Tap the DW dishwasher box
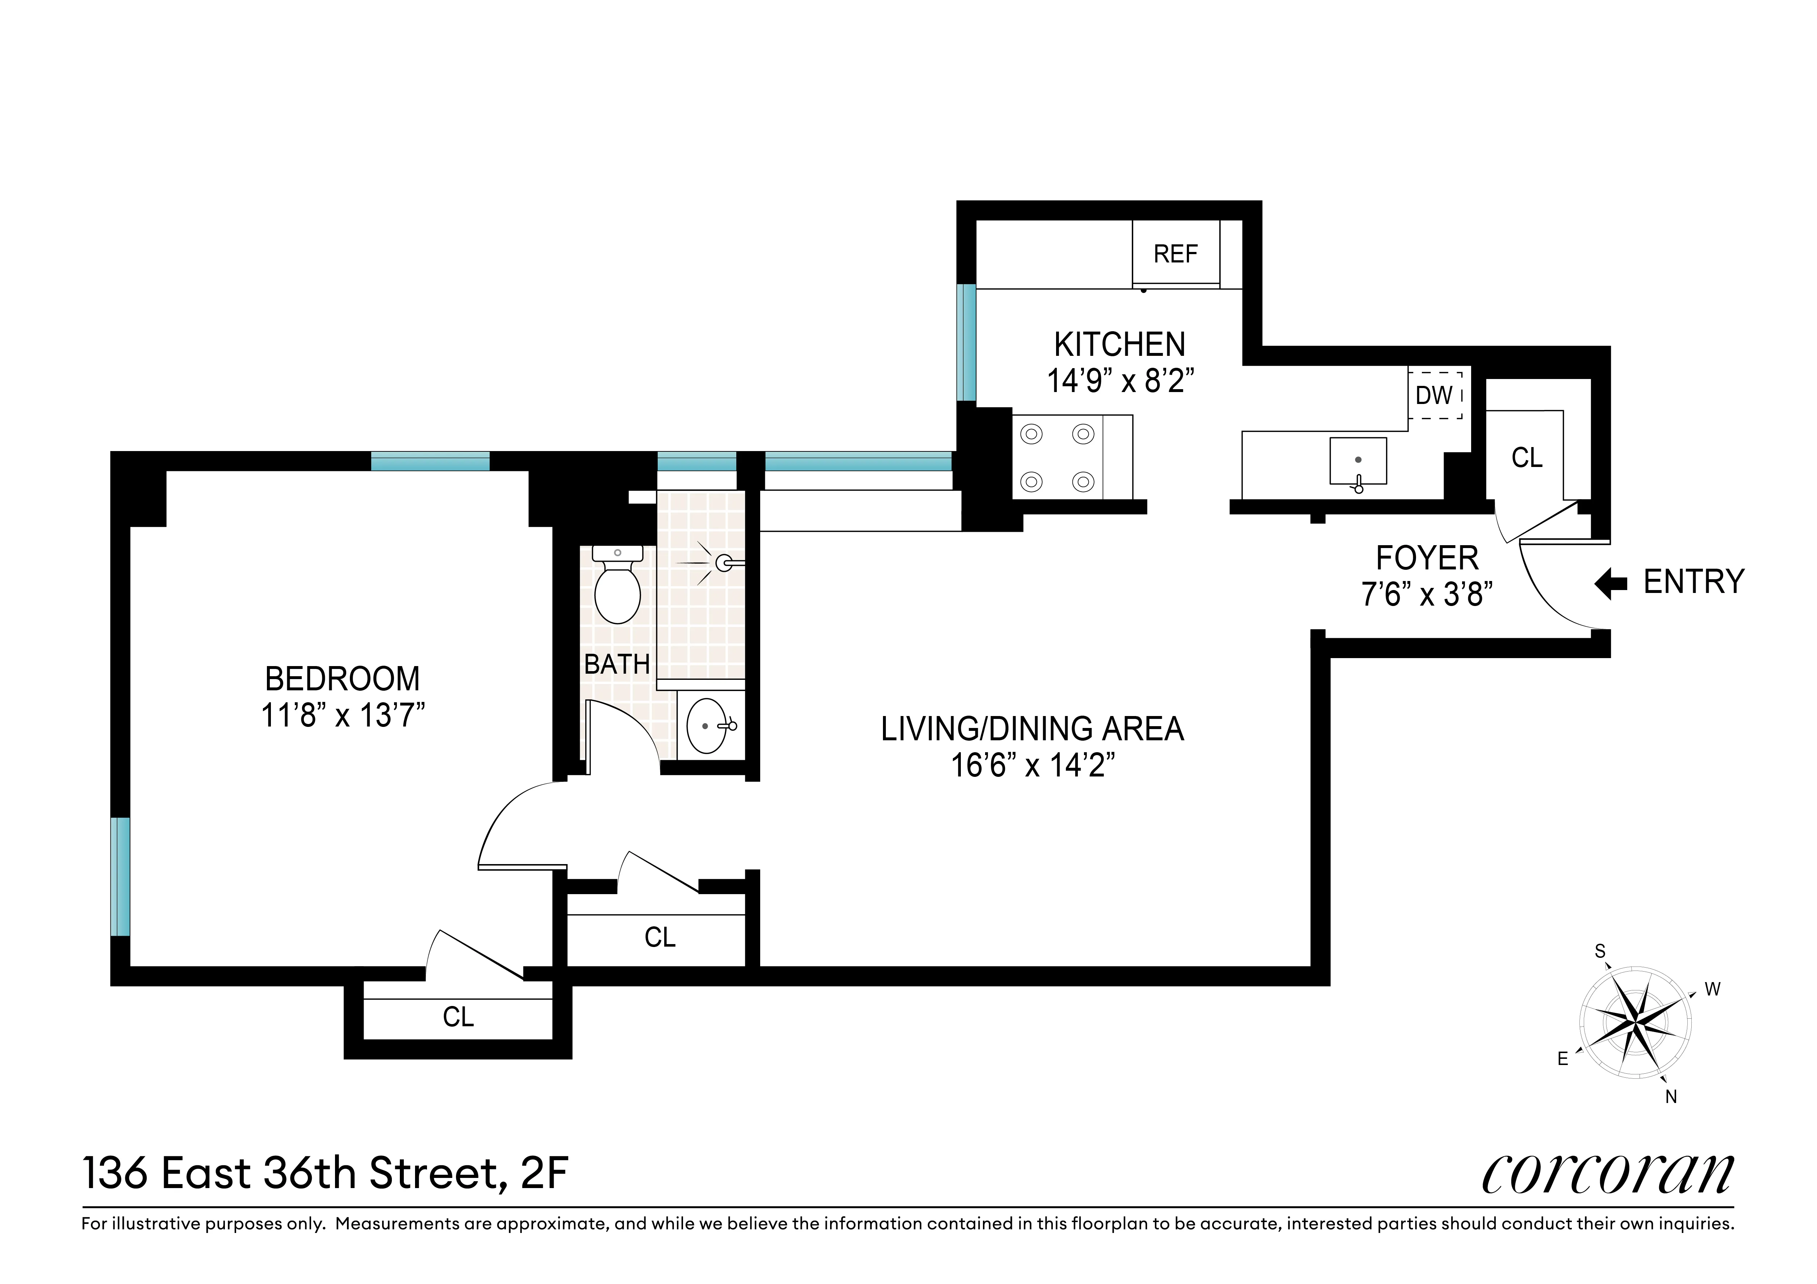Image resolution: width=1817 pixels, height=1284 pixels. pyautogui.click(x=1434, y=395)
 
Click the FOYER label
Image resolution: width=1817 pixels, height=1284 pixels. pyautogui.click(x=1427, y=558)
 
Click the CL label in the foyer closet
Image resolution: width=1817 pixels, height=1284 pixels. pyautogui.click(x=1527, y=457)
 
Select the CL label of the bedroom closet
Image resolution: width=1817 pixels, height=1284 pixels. pyautogui.click(x=458, y=1016)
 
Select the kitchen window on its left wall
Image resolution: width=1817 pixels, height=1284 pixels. pyautogui.click(x=966, y=342)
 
